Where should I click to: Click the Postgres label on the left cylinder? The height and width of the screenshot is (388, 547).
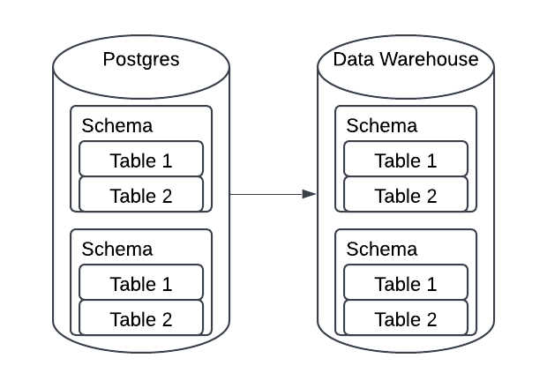point(141,60)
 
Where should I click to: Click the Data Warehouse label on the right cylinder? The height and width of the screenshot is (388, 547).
point(406,60)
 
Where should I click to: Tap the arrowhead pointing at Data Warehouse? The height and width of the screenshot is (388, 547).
point(309,194)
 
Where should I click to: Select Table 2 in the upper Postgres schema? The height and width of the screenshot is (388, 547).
point(141,195)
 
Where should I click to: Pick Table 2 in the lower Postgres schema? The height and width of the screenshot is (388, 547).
point(141,318)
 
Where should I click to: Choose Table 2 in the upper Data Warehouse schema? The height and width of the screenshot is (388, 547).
point(406,195)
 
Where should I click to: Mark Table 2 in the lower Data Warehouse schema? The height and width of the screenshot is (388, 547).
point(406,318)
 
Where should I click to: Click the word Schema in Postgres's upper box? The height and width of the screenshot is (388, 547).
point(116,125)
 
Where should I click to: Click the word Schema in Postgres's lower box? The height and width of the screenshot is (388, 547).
point(116,249)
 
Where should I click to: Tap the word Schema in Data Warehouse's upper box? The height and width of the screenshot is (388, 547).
point(381,125)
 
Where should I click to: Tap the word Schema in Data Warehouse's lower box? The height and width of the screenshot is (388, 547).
point(381,249)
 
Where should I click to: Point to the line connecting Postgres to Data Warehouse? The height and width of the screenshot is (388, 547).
point(265,194)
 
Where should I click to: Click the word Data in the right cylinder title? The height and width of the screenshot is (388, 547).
point(352,60)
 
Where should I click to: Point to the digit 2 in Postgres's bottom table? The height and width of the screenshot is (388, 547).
point(167,318)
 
